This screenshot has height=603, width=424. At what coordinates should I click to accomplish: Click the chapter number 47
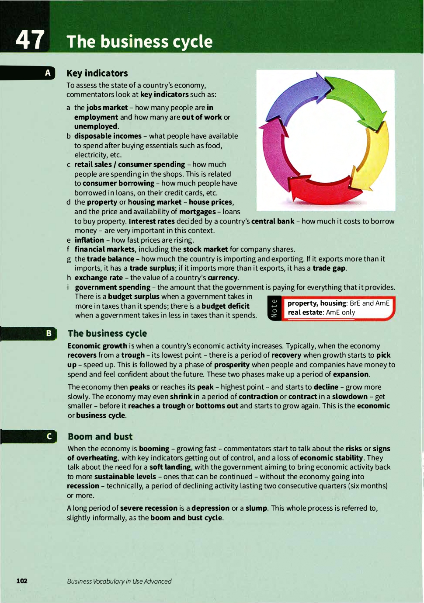(x=30, y=40)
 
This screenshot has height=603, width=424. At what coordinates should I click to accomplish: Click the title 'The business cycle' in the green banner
(x=139, y=42)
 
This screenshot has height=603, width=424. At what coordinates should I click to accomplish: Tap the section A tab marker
(x=48, y=73)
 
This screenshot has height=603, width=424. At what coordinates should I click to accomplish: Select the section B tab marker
(x=49, y=333)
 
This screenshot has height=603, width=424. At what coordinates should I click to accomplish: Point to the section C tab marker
(x=49, y=436)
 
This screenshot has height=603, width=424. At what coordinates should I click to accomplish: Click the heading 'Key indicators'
(x=97, y=73)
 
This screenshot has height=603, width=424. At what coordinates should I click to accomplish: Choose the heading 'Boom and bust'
(x=100, y=436)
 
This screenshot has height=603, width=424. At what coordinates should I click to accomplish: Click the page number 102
(x=22, y=581)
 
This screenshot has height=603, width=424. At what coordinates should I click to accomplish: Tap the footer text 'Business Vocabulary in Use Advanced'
(x=119, y=581)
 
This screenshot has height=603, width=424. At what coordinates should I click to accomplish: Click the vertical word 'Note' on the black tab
(x=274, y=308)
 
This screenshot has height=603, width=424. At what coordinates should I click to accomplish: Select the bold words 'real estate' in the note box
(x=305, y=313)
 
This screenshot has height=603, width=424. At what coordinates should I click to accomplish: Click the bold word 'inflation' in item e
(x=89, y=240)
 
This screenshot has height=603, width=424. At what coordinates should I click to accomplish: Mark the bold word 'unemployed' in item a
(x=96, y=126)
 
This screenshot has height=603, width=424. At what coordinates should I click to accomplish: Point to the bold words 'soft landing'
(x=170, y=467)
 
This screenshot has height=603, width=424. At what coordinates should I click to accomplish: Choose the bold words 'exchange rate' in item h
(x=98, y=278)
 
